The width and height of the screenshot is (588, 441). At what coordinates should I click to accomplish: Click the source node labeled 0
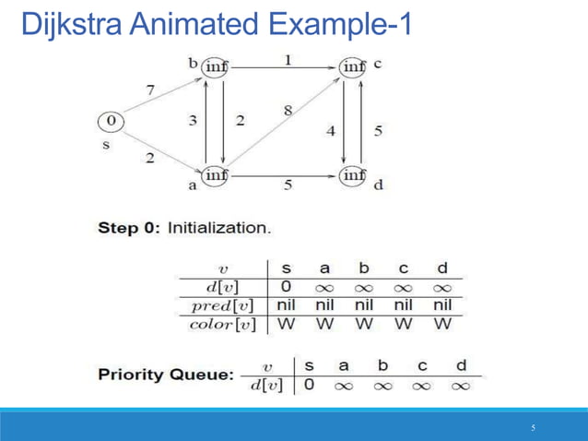pos(111,121)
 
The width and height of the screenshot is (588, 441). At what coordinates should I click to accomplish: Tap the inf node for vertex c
pos(354,66)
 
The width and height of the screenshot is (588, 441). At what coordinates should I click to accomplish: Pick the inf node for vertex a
pos(215,174)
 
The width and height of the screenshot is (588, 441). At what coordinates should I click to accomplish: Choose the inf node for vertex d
pos(354,174)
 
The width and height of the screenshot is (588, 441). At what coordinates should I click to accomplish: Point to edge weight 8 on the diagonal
pos(288,111)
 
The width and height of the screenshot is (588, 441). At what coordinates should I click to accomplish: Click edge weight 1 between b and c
pos(288,59)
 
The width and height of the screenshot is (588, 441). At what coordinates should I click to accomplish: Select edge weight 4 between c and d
pos(331,131)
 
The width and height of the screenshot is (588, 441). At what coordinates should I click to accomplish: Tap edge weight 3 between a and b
pos(194,121)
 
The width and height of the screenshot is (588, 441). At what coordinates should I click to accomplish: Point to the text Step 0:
pos(128,228)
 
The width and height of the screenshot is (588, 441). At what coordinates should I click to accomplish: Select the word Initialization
pos(219,228)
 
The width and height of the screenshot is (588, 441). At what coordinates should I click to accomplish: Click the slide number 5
pos(533,427)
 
